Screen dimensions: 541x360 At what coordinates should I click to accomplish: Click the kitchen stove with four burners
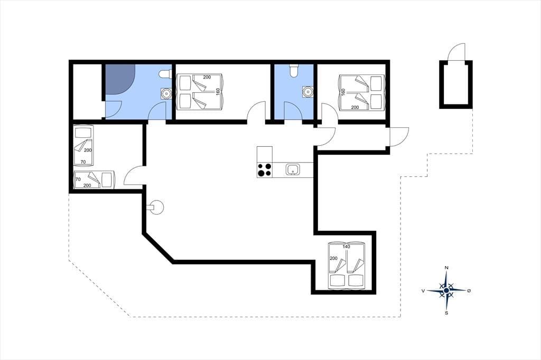tap(265, 170)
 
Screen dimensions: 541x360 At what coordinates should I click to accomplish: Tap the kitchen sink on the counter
tap(293, 169)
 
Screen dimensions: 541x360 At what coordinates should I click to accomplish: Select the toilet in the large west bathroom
tap(165, 74)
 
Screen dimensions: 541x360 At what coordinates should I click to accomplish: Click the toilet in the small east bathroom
tap(294, 70)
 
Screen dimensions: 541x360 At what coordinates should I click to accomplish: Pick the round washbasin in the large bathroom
tap(166, 93)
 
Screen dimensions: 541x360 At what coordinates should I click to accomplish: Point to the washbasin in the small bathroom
tap(307, 91)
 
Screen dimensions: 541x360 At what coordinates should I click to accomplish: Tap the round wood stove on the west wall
tap(156, 207)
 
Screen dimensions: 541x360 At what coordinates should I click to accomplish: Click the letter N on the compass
tap(446, 268)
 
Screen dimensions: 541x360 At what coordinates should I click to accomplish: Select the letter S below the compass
tap(446, 313)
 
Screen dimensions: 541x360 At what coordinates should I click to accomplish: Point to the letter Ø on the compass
tap(469, 291)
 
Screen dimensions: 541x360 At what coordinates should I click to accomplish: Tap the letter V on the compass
tap(423, 291)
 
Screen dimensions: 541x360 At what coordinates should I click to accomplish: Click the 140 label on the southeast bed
tap(347, 247)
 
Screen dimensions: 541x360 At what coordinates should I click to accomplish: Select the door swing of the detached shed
tap(456, 52)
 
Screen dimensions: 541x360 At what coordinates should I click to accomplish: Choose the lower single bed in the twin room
tap(94, 179)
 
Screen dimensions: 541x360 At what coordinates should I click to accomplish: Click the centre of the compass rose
tap(446, 291)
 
